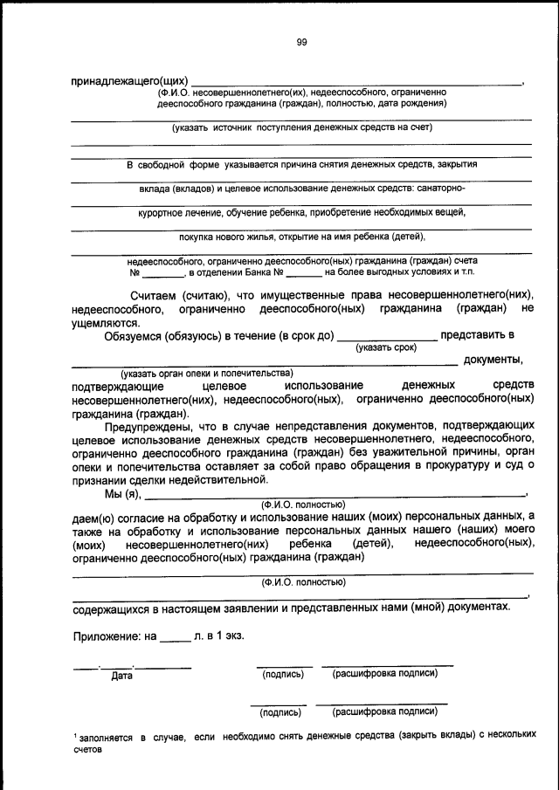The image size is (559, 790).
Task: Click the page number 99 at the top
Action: coord(301,41)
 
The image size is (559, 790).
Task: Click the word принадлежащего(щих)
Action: coord(130,81)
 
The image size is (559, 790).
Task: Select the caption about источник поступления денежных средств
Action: coord(302,127)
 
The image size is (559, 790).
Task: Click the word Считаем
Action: coord(161,295)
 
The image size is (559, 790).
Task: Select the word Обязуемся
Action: coord(139,335)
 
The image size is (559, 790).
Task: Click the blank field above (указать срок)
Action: coord(386,336)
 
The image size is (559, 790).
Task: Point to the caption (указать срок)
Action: coord(386,347)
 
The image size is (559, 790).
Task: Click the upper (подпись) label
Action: coord(282,674)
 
